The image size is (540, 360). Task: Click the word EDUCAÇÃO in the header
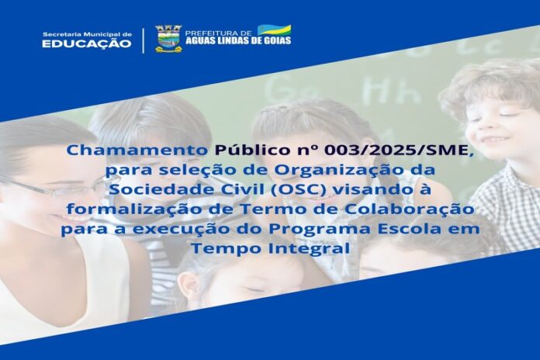tap(86, 43)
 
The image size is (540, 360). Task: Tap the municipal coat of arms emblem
tap(168, 39)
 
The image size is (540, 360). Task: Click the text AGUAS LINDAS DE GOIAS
tap(238, 40)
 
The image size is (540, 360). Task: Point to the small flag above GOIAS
tap(274, 30)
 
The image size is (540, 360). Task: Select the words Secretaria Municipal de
tap(87, 34)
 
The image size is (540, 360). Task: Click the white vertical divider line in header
tap(144, 40)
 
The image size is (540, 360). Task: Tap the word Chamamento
tap(138, 151)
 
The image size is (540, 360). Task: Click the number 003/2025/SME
tap(399, 151)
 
